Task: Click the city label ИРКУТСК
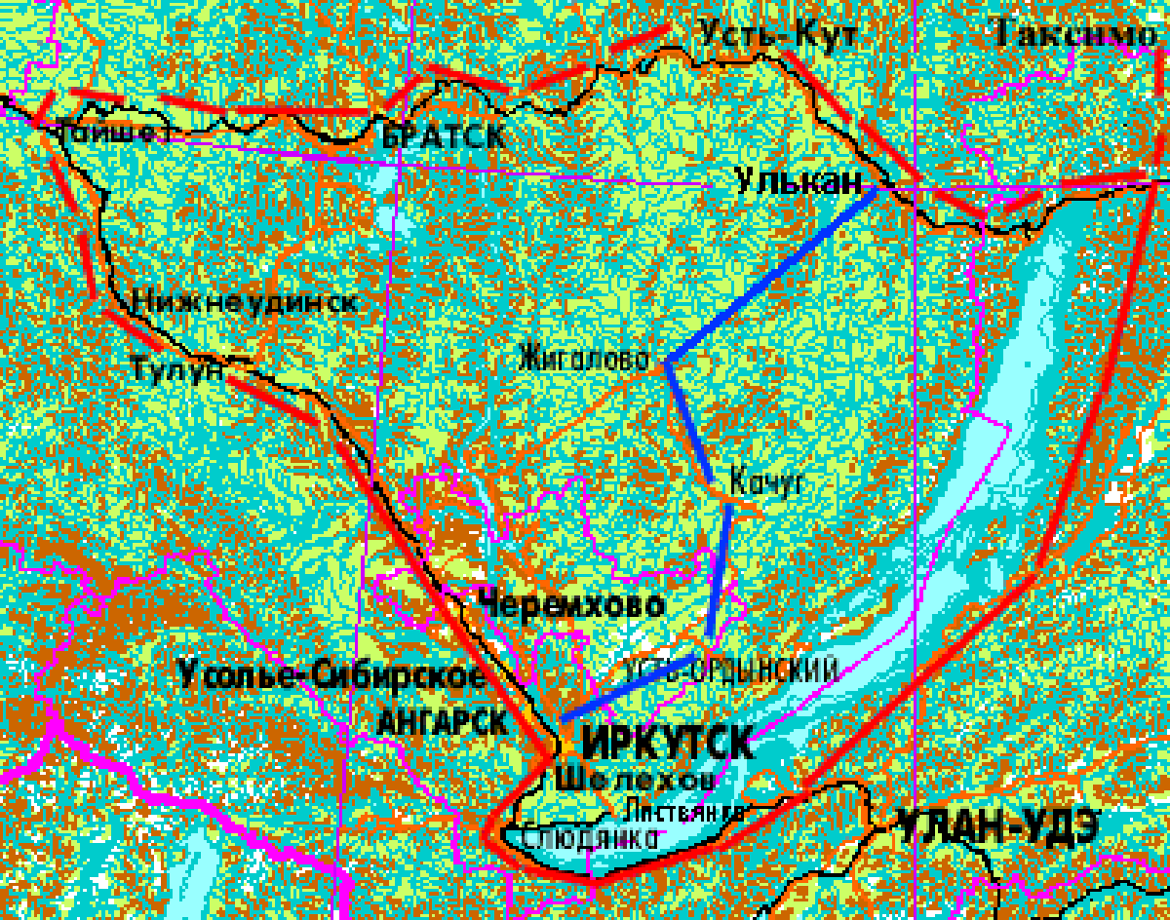point(667,743)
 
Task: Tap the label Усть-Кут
point(778,35)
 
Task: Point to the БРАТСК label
point(444,136)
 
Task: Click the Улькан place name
point(799,182)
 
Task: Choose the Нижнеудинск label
point(245,301)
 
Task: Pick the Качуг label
point(764,480)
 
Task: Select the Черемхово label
point(571,604)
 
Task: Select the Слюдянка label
point(584,838)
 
